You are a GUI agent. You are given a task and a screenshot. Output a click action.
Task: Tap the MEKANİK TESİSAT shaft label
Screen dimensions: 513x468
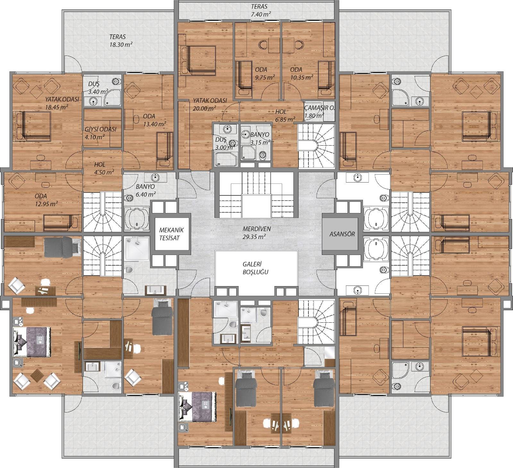[172, 234]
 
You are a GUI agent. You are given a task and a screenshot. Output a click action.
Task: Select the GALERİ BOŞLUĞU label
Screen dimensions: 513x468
[256, 268]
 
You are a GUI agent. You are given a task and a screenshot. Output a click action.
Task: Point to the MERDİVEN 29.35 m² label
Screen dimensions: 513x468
[256, 233]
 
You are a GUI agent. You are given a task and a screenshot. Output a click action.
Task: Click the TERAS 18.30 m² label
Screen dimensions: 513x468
[121, 41]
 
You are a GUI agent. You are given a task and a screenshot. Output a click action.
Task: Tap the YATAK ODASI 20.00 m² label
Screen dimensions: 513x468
[210, 104]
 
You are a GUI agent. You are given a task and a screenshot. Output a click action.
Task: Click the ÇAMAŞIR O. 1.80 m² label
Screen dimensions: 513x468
[319, 112]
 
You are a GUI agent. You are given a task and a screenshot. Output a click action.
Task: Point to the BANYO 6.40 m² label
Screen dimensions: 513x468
[146, 190]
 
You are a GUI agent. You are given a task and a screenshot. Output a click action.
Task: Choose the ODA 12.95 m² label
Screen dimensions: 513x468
[46, 200]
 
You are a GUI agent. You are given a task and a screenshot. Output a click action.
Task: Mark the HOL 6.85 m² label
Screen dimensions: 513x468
[285, 115]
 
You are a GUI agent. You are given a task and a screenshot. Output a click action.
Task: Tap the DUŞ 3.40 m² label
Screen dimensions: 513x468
[98, 88]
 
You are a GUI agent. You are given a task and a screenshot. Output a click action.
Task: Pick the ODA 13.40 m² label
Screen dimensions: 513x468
[154, 120]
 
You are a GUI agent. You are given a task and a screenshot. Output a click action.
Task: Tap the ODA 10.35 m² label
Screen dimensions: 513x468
[301, 73]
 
